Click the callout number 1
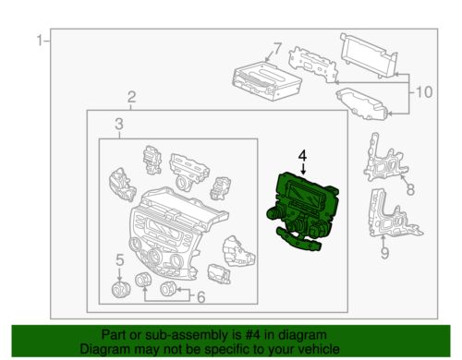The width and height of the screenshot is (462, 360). tap(40, 41)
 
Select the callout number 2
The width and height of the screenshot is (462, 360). tap(131, 97)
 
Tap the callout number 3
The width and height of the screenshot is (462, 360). tap(119, 124)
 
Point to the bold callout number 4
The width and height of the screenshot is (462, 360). tap(303, 155)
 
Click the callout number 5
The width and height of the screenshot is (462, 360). tap(120, 260)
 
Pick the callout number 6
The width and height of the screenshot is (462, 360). tap(201, 297)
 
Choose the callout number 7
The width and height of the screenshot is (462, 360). tap(277, 49)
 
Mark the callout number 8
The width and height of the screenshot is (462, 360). tap(410, 189)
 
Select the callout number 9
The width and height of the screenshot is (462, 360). tap(384, 253)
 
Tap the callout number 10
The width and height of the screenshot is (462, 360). tap(424, 92)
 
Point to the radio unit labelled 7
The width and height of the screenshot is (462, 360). tap(266, 80)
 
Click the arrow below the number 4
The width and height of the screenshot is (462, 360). tap(303, 169)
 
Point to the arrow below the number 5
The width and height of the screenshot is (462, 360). tap(119, 274)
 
